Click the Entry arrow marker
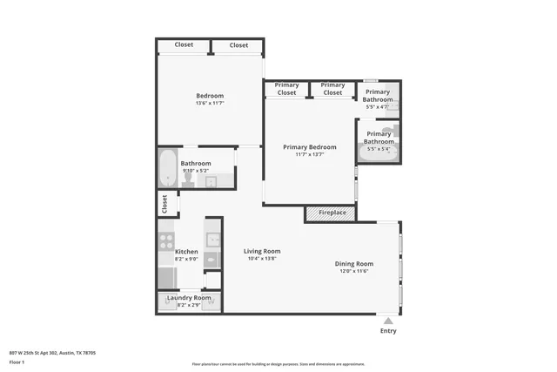pos(388,321)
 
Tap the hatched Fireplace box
pos(331,213)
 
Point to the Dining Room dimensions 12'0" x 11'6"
pos(354,271)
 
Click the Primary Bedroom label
pos(309,147)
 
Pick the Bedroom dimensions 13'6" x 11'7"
pos(209,104)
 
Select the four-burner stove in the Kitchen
pos(165,236)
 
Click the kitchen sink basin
pos(213,239)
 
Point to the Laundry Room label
pos(189,298)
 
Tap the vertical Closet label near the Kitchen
pos(164,204)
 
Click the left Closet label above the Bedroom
pos(184,44)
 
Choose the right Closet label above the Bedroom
pos(238,45)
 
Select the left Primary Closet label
pos(286,89)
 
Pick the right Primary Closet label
pos(332,89)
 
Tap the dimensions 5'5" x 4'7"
pos(378,106)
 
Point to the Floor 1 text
pos(17,361)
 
